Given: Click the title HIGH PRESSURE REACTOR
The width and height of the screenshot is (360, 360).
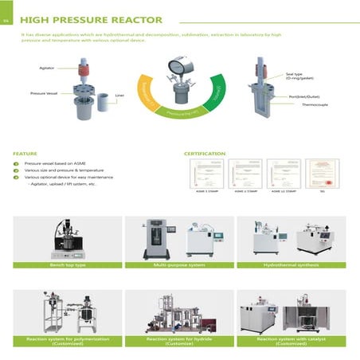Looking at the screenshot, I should pyautogui.click(x=92, y=18).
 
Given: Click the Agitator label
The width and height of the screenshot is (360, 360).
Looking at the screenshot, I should pyautogui.click(x=47, y=68).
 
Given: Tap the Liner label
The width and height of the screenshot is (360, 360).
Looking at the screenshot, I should pyautogui.click(x=119, y=96).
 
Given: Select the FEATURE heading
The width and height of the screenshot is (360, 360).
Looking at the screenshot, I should pyautogui.click(x=26, y=152).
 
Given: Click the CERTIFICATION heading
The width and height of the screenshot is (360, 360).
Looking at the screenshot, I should pyautogui.click(x=205, y=152).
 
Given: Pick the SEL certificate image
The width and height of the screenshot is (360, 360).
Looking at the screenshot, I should pyautogui.click(x=322, y=174).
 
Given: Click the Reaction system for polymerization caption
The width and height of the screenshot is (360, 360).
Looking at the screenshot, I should pyautogui.click(x=68, y=340).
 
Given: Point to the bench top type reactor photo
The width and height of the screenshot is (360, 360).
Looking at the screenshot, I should pyautogui.click(x=67, y=237).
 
